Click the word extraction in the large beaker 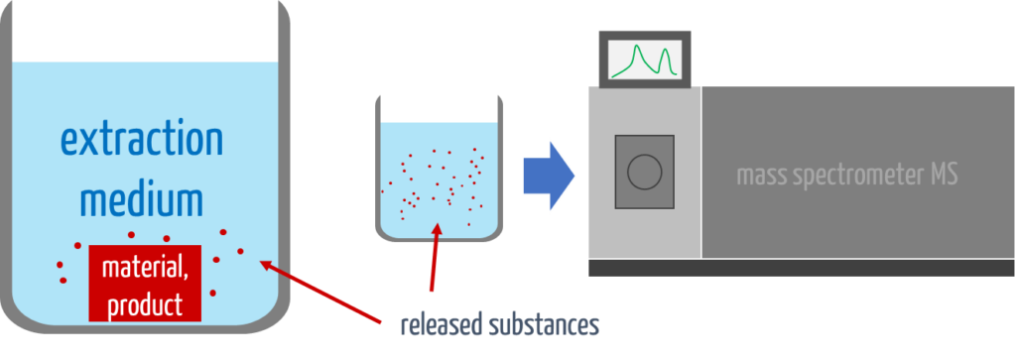coord(142,139)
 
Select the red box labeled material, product coord(145,284)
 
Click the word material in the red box coord(145,268)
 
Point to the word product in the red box coord(145,302)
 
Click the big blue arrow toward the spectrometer coord(548,175)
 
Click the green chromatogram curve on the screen coord(643,60)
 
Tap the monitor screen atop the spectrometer coord(644,58)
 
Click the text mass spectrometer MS coord(846,176)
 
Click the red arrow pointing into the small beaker coord(434,258)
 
